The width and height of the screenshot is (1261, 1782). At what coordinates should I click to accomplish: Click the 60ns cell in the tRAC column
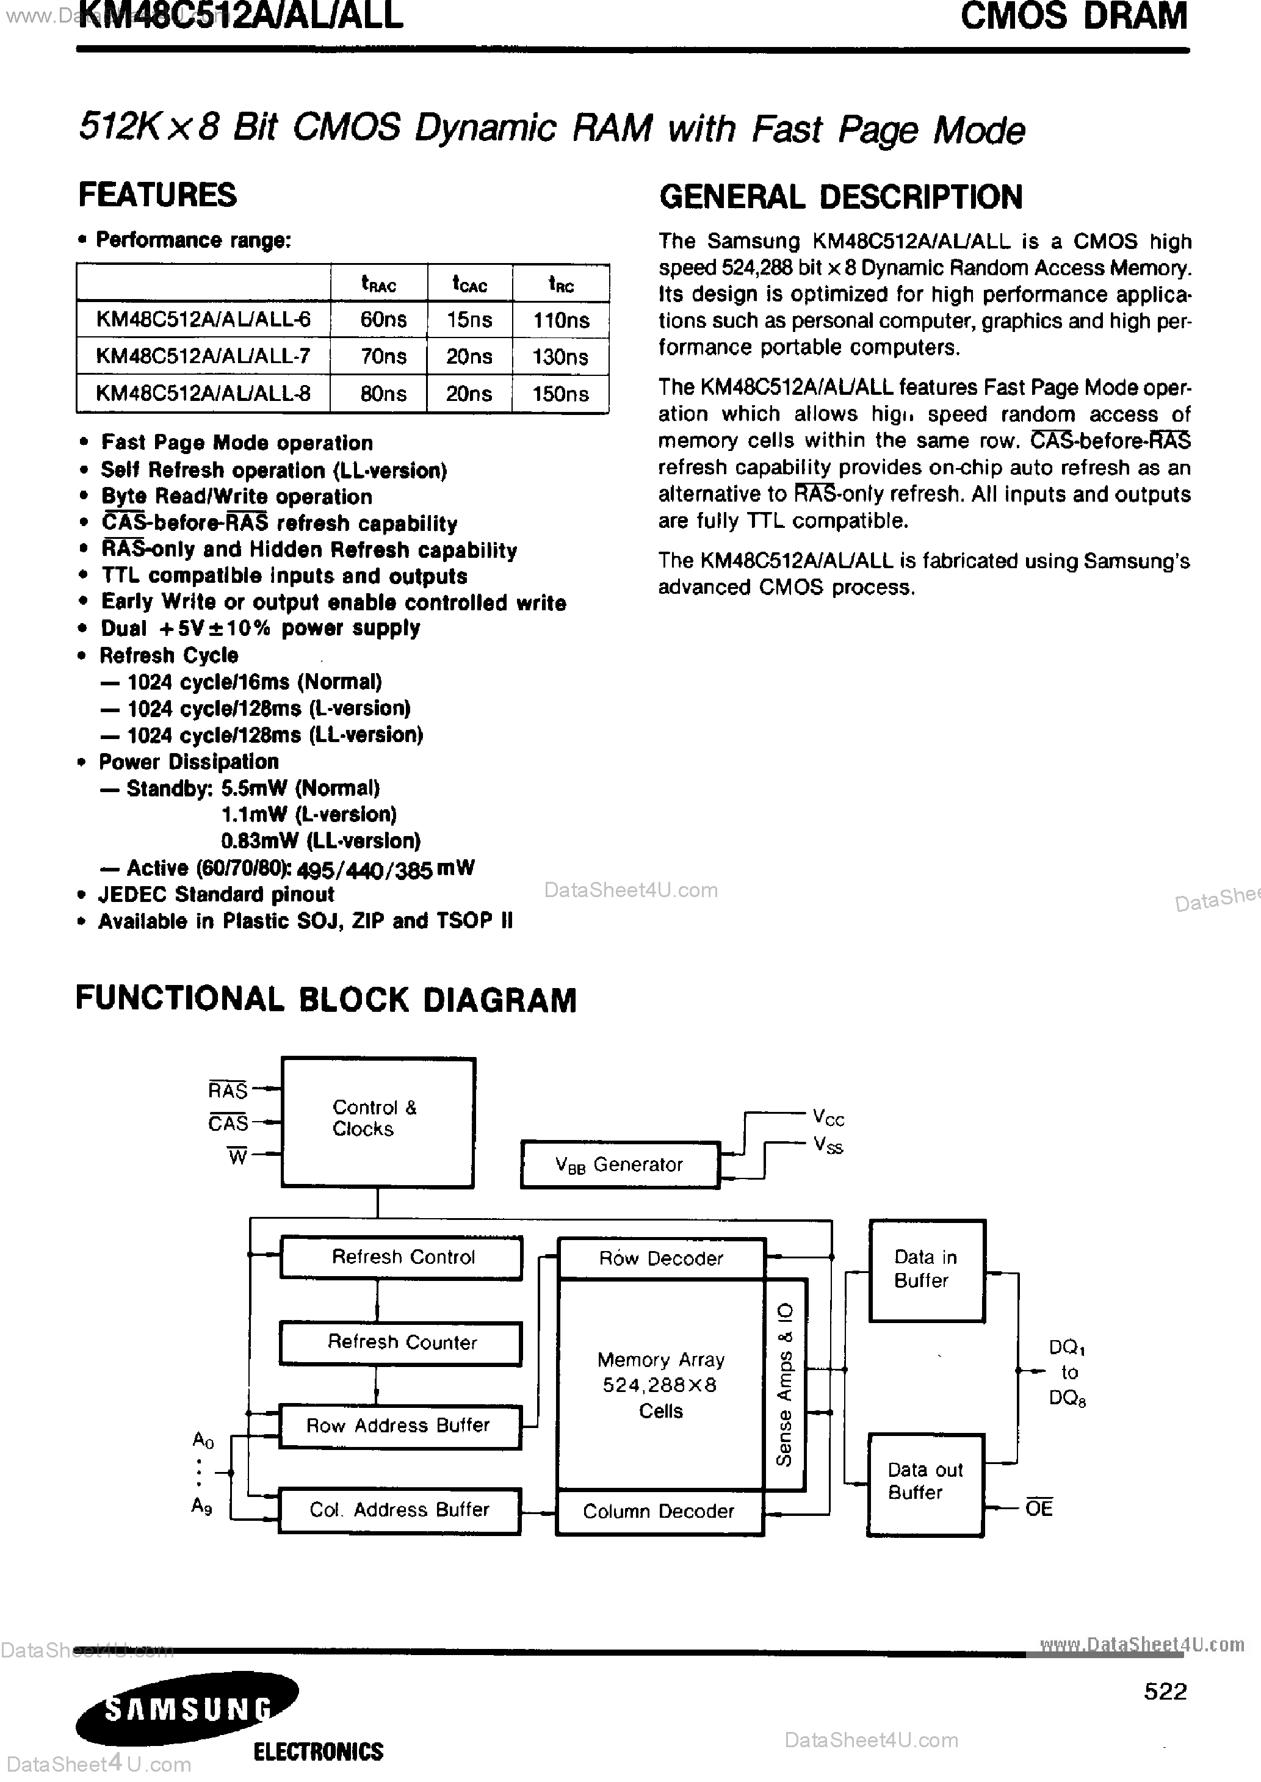point(383,320)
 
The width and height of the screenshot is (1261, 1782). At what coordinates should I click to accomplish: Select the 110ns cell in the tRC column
point(561,320)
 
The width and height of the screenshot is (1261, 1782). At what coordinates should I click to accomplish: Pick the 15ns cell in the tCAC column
point(469,320)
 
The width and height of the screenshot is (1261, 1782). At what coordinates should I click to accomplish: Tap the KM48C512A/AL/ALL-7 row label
point(203,356)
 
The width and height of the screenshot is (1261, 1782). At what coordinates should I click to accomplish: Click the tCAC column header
point(469,284)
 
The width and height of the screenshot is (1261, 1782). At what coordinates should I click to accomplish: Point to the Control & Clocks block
point(377,1122)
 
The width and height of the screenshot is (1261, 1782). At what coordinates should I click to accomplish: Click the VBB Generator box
point(620,1164)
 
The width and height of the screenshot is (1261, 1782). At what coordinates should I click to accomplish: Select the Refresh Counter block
point(400,1342)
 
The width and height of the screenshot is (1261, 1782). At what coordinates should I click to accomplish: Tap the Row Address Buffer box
point(399,1425)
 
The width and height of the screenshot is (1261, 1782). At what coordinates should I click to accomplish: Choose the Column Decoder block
point(659,1511)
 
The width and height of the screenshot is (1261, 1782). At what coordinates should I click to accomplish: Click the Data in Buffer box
point(927,1270)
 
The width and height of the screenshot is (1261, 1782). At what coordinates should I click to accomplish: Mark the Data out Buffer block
point(925,1482)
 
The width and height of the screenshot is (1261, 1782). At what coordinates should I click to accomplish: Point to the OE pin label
point(1038,1507)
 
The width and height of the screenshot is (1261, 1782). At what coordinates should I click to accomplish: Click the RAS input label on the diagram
point(228,1091)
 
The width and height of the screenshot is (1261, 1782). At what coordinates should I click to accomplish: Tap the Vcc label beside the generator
point(828,1117)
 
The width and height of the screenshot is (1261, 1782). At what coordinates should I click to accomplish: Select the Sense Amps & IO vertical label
point(785,1385)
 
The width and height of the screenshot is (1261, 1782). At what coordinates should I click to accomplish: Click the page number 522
point(1165,1691)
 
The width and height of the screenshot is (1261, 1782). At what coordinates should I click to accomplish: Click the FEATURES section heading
point(157,195)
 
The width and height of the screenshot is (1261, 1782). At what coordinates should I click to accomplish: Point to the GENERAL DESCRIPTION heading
point(840,197)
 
